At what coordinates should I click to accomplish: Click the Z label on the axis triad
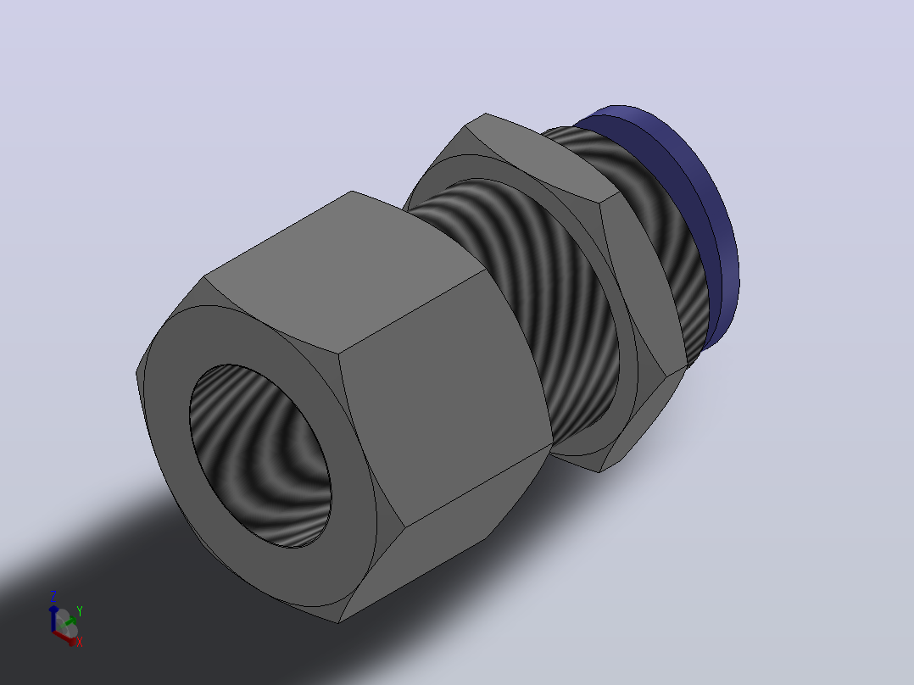[x=53, y=596]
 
